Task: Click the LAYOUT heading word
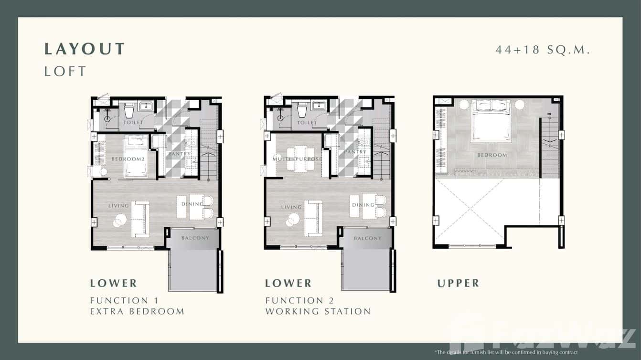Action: (x=85, y=49)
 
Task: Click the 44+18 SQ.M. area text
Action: (x=543, y=50)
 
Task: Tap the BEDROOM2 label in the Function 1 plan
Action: (x=128, y=159)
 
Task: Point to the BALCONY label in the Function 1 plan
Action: (x=195, y=238)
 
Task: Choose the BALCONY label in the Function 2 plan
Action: (x=368, y=238)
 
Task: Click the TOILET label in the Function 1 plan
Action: (x=133, y=123)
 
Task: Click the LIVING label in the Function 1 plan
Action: (x=118, y=206)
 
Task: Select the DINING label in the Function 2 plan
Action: (x=363, y=205)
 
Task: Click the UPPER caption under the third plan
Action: (x=458, y=283)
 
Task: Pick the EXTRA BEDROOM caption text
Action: (x=137, y=311)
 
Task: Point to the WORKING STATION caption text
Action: (x=318, y=311)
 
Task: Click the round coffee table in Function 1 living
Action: (x=119, y=220)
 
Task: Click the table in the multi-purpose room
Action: (x=300, y=158)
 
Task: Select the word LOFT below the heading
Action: (x=65, y=71)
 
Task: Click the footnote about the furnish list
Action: (x=506, y=352)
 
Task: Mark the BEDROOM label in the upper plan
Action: (x=491, y=155)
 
